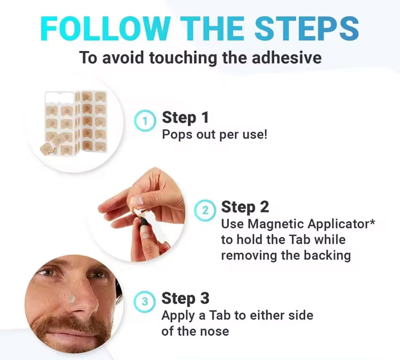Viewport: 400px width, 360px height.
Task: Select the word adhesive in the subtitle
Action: click(x=286, y=57)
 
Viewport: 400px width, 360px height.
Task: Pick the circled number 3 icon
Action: click(x=144, y=301)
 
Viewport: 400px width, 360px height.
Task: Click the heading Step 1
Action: click(x=185, y=118)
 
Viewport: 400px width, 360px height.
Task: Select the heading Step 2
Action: click(x=245, y=207)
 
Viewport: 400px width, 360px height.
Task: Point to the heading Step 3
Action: click(x=185, y=298)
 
